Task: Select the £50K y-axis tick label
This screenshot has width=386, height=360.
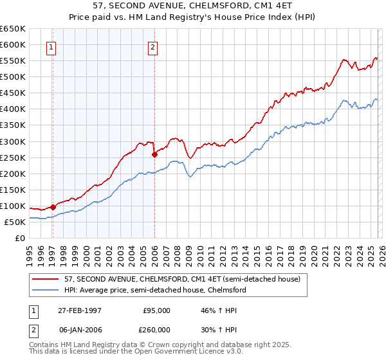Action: coord(15,222)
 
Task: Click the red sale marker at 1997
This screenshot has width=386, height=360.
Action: coord(53,207)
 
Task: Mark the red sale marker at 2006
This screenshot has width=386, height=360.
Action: coord(154,154)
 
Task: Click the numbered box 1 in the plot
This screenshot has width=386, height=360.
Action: coord(51,46)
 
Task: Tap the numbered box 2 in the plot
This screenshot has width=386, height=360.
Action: coord(152,46)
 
